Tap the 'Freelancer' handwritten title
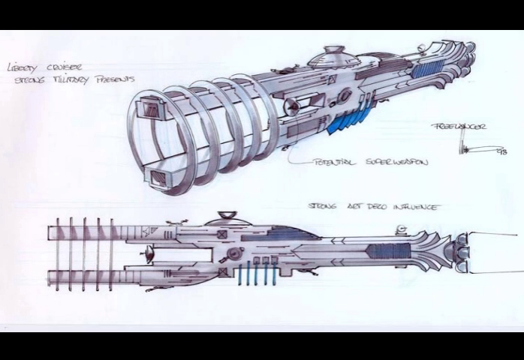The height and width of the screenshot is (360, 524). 459,127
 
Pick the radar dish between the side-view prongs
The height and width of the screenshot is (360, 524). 151,254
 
